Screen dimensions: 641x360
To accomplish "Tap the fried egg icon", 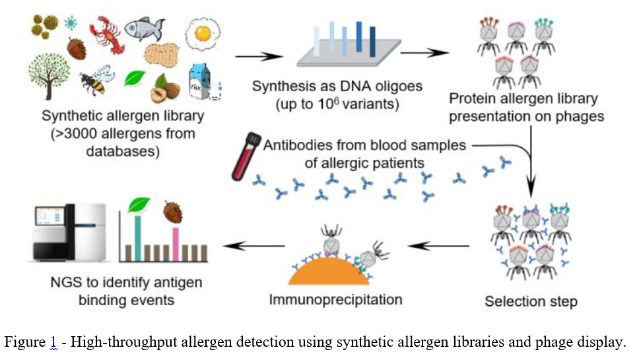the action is [203, 34].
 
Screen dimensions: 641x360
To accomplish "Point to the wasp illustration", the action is [96, 80].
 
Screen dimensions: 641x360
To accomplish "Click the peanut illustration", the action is [162, 55].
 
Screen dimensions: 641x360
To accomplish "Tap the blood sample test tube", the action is [246, 157].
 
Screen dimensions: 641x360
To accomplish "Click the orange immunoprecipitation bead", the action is [329, 271].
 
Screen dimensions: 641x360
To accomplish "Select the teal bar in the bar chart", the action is [138, 238].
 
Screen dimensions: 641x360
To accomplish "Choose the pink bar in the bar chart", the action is [176, 244].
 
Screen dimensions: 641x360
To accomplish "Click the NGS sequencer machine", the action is [69, 232].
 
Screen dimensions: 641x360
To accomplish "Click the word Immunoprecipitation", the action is [335, 299].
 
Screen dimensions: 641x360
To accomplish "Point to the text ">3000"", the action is [75, 134].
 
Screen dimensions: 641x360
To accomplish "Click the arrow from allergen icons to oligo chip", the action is [259, 56].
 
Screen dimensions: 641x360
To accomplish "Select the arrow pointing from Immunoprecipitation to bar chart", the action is [254, 246].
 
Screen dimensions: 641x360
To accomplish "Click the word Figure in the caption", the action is [25, 342].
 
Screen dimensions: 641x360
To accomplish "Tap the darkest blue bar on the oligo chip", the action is [372, 42].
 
